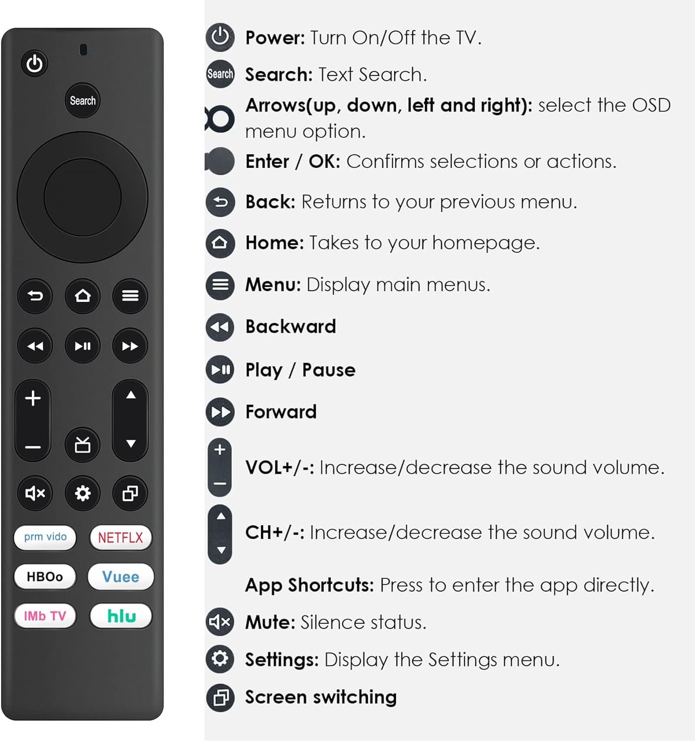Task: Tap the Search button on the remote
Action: pos(82,100)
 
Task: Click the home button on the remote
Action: pos(82,296)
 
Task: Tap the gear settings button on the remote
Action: pos(82,493)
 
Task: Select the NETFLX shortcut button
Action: pos(121,537)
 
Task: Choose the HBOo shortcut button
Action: pos(45,577)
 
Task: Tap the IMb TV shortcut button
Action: pos(45,616)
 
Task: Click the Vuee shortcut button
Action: pos(121,577)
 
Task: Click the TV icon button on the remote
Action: pos(82,445)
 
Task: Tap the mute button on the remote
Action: pos(35,493)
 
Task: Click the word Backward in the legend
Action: pos(291,327)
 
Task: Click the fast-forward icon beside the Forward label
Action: pos(220,412)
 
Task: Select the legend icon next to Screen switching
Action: pos(220,698)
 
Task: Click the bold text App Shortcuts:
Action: pos(309,585)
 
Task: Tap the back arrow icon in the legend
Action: pos(220,202)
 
